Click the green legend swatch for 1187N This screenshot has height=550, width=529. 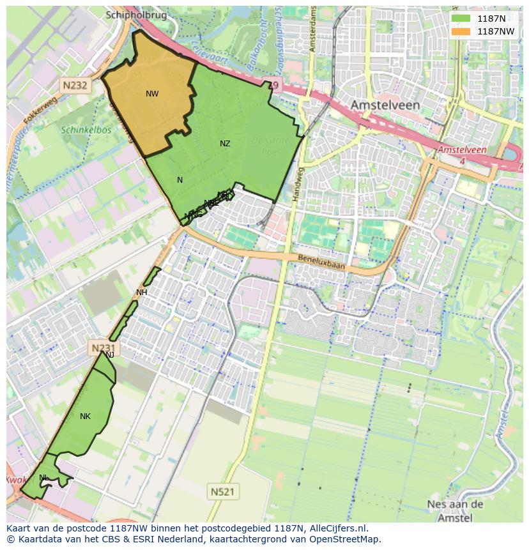tap(461, 19)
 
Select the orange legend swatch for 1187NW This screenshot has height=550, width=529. tap(461, 31)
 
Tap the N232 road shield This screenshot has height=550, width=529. tap(75, 84)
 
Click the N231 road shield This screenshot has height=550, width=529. tap(102, 348)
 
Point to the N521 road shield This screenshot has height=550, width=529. tap(224, 491)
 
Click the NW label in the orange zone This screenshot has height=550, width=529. tap(152, 94)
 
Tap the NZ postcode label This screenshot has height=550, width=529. tap(225, 144)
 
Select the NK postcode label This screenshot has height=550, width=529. tap(85, 416)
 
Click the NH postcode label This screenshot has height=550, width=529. tap(141, 293)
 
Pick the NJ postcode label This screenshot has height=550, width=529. tap(110, 355)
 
